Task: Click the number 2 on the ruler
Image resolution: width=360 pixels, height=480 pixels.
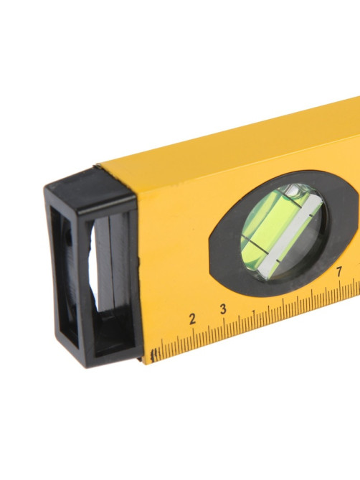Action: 192,319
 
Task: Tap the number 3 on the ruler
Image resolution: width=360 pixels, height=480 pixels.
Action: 223,309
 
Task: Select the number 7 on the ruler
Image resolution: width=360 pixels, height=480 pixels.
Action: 339,272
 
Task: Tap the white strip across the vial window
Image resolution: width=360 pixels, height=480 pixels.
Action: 290,237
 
